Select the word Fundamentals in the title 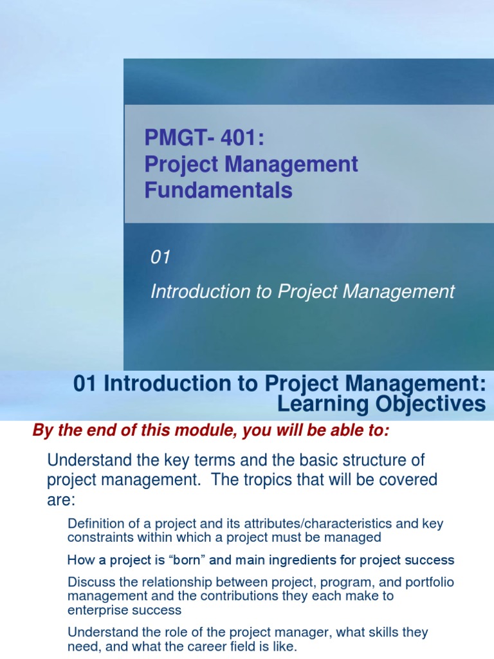coord(218,190)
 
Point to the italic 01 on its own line coord(160,257)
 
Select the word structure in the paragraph coord(380,461)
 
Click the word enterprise coord(96,609)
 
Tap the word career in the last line coord(219,646)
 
